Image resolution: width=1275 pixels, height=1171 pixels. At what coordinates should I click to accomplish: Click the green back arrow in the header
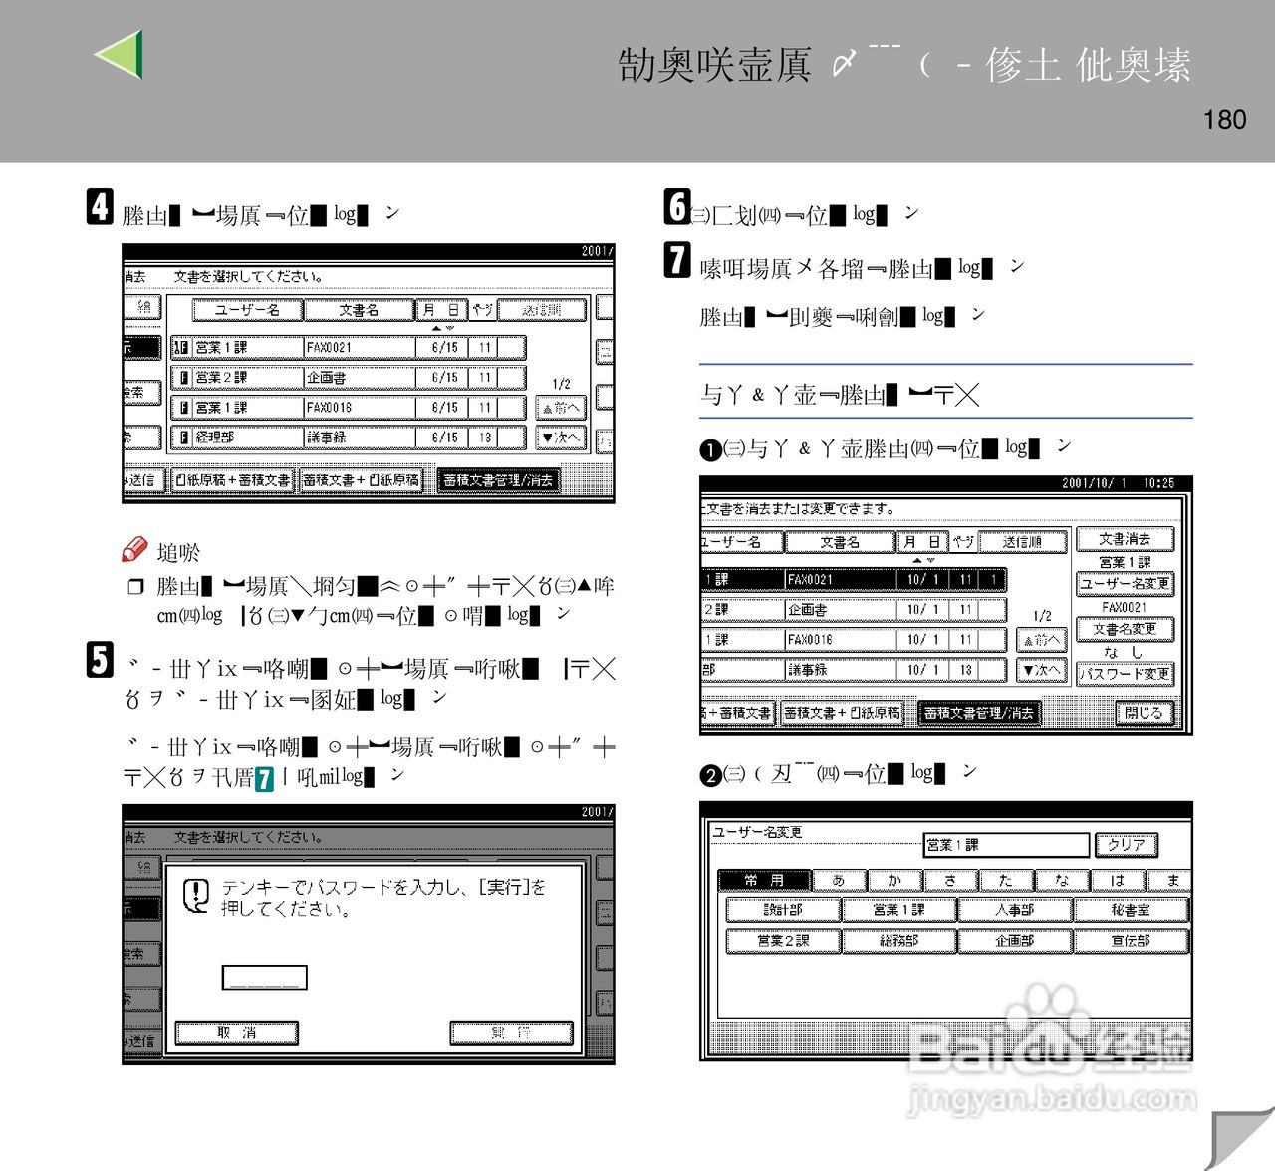click(x=121, y=55)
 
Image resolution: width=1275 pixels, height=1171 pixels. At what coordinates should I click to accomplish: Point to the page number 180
click(x=1224, y=120)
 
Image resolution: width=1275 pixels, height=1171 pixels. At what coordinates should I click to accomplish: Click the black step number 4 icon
click(x=100, y=207)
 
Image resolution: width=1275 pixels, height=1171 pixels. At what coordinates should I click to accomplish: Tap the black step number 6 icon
click(x=676, y=207)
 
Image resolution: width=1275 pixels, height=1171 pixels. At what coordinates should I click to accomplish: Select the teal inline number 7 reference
click(x=264, y=779)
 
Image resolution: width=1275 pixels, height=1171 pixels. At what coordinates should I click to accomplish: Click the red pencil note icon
click(x=134, y=550)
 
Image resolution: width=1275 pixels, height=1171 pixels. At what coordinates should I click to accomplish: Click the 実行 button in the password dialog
click(x=511, y=1033)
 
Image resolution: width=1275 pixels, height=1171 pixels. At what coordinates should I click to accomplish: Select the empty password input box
click(x=264, y=978)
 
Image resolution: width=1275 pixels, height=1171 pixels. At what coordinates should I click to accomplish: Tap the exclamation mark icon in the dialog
click(x=196, y=894)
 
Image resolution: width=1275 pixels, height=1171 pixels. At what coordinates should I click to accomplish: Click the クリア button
click(x=1126, y=845)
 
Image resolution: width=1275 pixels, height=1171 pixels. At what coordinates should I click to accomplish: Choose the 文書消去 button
click(x=1125, y=539)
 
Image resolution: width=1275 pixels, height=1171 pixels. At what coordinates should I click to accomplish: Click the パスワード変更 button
click(x=1126, y=674)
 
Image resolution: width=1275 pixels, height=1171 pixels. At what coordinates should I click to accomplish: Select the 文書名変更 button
click(x=1125, y=629)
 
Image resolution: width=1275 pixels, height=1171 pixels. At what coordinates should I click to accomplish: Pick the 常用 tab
click(x=764, y=880)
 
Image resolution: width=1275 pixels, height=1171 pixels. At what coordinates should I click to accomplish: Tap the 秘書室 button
click(x=1131, y=909)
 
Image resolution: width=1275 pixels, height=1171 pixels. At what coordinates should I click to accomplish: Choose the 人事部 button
click(x=1015, y=909)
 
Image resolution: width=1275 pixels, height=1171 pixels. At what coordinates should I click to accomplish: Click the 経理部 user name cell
click(x=236, y=437)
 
